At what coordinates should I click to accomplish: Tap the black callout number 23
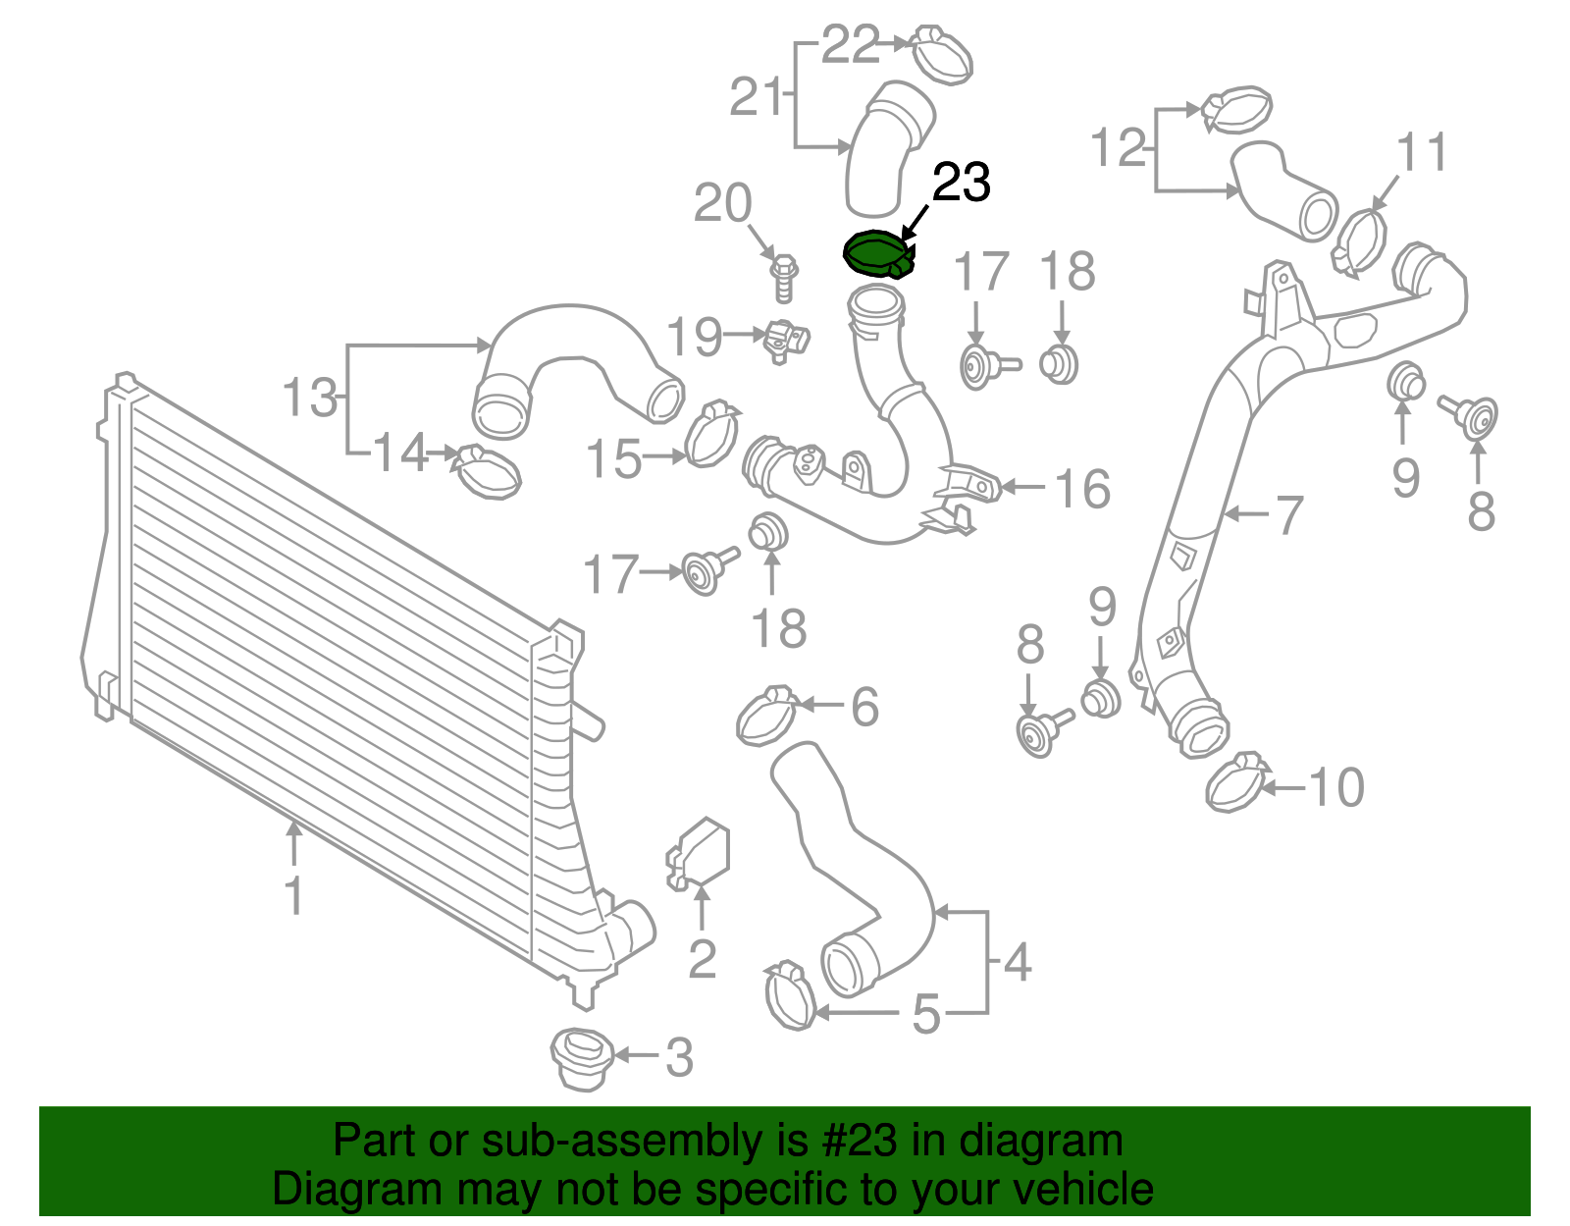coord(961,184)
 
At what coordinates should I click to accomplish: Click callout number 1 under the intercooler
coord(293,896)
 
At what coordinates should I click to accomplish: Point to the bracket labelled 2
coord(701,853)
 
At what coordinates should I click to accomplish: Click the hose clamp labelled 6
coord(766,717)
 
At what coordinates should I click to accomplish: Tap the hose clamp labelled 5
coord(789,995)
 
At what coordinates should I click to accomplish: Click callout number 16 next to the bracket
coord(1082,488)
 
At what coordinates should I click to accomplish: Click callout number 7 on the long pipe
coord(1287,514)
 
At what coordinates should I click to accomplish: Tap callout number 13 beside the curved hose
coord(309,398)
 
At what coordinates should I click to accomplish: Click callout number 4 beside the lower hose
coord(1017,962)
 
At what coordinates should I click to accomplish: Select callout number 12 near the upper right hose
coord(1119,148)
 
